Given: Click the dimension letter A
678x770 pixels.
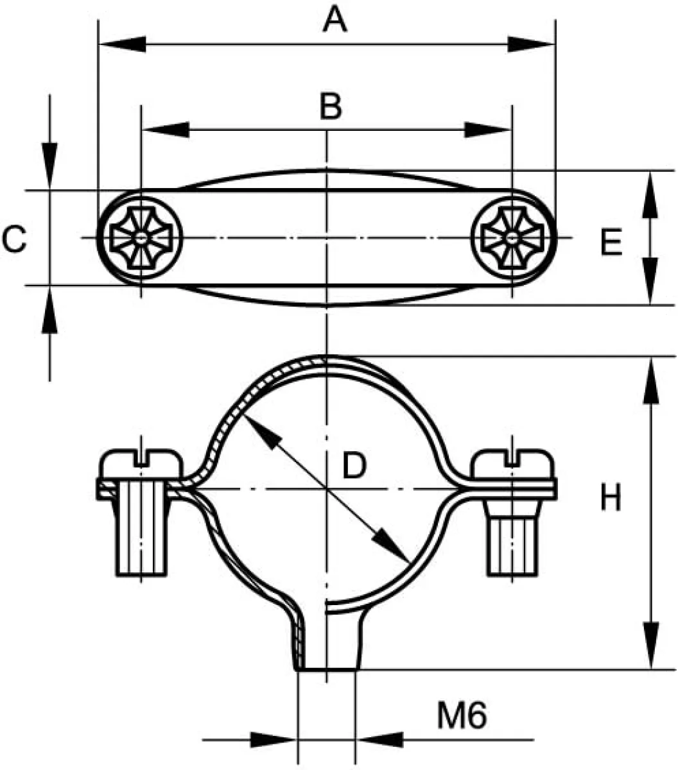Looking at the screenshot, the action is (335, 19).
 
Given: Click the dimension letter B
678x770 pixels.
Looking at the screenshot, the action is (331, 106).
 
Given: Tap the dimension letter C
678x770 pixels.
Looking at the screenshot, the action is (14, 238).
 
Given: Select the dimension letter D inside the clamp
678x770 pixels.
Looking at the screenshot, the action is (354, 465).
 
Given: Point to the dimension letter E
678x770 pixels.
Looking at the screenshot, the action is (611, 242).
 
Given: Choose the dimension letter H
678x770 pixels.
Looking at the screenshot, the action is (611, 497).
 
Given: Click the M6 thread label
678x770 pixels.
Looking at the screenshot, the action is (462, 715).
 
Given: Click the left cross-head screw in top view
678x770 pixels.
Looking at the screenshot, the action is (141, 238).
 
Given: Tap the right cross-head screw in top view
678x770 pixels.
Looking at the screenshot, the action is (512, 238).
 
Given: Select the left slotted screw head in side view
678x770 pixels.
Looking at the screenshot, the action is (141, 464).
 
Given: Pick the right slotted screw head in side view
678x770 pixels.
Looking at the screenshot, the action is (512, 464).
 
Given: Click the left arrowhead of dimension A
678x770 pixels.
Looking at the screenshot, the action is (123, 44).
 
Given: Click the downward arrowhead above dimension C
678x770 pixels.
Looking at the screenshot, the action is (49, 166).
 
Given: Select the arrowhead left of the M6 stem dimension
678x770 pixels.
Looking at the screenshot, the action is (274, 740).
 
